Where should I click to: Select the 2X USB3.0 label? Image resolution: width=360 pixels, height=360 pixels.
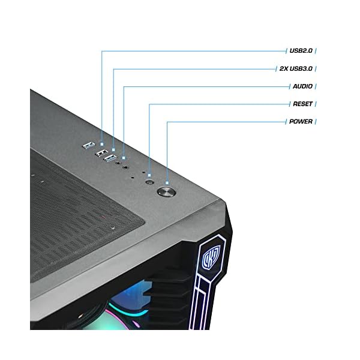296,69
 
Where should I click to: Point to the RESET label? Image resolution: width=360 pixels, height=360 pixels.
302,104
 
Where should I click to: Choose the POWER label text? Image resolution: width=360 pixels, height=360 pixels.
301,121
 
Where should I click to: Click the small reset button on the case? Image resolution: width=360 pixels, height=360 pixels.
149,181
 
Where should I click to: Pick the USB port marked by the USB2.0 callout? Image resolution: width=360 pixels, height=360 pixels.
87,145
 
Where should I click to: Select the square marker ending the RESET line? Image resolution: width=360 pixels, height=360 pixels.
149,174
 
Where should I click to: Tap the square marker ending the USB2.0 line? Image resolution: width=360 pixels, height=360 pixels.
102,144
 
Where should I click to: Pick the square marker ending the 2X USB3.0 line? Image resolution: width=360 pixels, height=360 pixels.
113,149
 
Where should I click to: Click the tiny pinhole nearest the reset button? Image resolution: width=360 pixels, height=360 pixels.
143,173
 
